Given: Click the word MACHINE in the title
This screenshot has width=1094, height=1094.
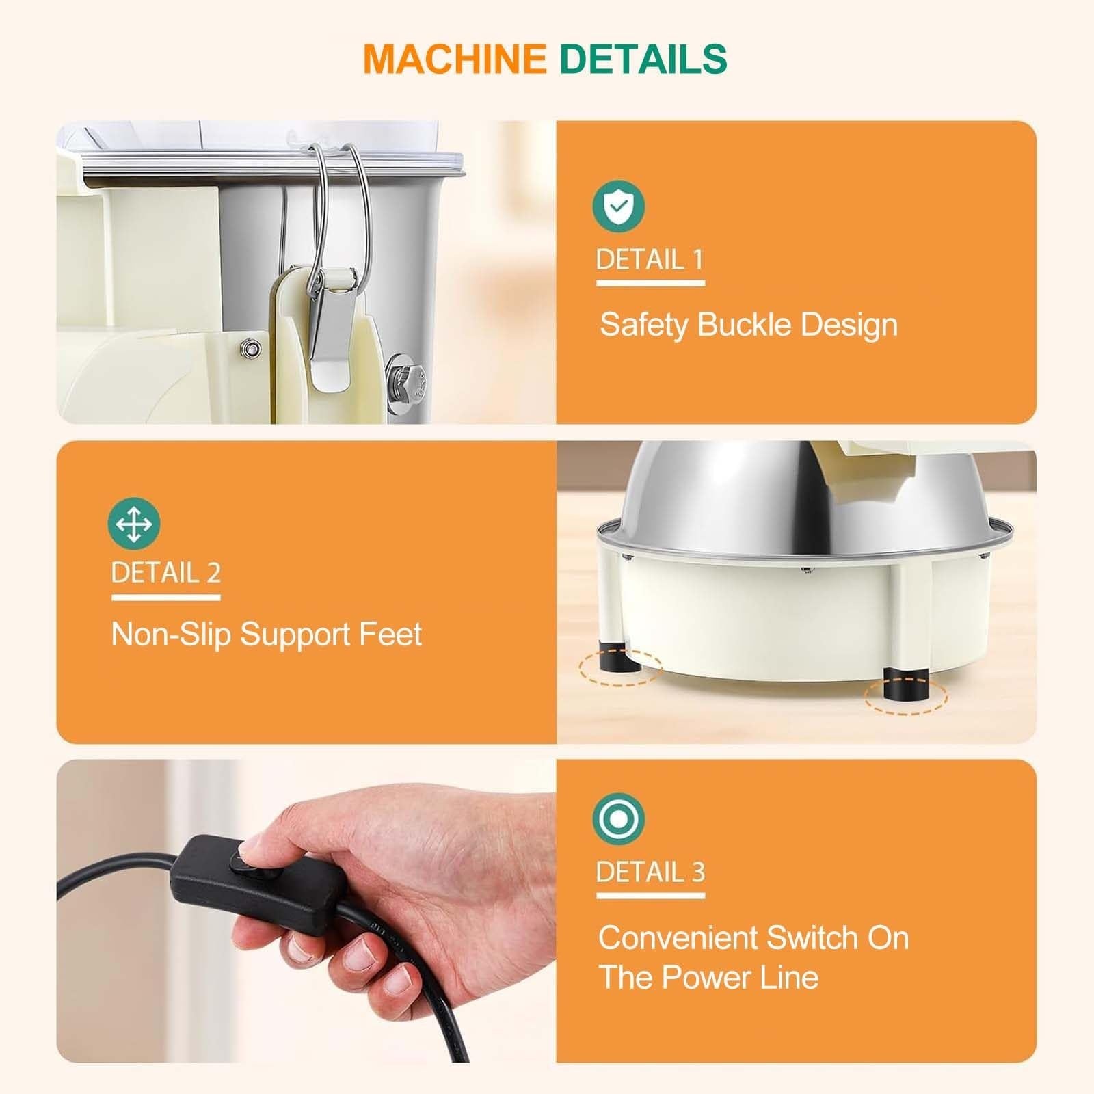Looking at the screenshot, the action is pos(455,59).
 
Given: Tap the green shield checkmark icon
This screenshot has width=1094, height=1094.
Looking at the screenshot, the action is pos(619,206).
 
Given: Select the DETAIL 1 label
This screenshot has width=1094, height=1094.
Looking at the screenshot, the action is pos(650,259).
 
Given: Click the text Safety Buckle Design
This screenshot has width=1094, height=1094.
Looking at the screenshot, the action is pos(749,324).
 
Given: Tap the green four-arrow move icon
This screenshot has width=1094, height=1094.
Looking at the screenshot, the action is pos(134,524).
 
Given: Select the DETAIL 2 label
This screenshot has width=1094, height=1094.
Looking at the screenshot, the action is pos(166,572).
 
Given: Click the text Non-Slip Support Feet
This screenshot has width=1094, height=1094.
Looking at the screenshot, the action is pos(266,635).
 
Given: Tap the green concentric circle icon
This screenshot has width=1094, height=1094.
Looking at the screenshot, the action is pos(619,818).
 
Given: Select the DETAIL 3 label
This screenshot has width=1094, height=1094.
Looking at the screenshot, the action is pos(650,872).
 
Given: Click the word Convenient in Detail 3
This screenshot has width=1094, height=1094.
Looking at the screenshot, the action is pos(678,937).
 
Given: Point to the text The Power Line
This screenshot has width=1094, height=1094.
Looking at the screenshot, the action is pos(708,976).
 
